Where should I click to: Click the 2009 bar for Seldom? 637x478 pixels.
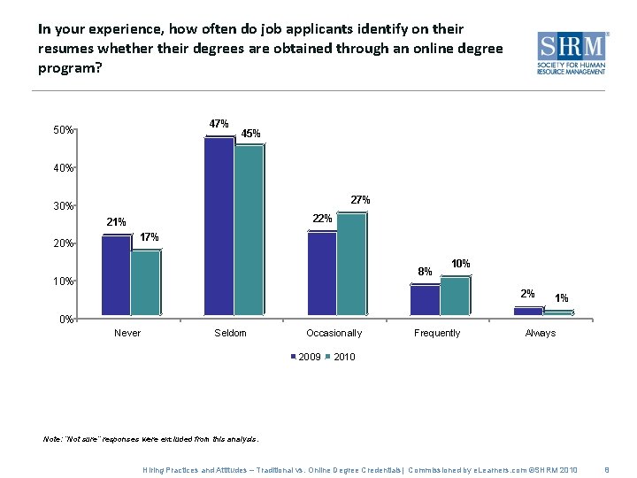pos(219,226)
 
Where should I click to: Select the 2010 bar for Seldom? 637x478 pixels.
pos(249,230)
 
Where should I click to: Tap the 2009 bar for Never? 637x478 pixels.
pos(116,275)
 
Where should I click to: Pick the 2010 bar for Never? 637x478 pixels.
pos(145,283)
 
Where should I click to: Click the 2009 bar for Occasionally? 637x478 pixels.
pos(322,274)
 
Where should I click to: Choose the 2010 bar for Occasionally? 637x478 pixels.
pos(351,265)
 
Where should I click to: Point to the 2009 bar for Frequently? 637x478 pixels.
pos(425,300)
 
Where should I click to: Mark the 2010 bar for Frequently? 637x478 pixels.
pos(455,297)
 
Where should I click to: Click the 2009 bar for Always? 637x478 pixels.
pos(528,311)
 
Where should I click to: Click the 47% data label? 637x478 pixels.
pos(219,123)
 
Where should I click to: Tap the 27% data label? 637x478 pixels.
pos(360,200)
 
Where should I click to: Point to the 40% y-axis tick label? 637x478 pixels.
pos(62,168)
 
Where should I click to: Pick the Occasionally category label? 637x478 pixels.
pos(334,333)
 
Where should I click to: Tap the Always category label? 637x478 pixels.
pos(540,333)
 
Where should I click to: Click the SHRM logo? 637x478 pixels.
pos(572,52)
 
